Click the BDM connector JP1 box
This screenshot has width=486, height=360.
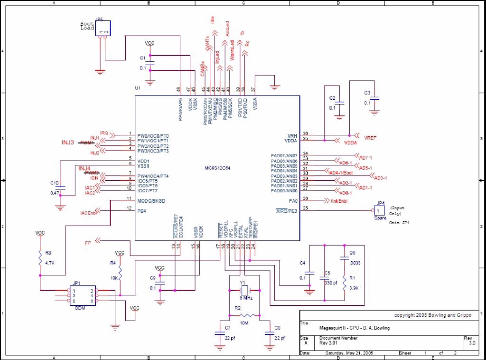[83, 295]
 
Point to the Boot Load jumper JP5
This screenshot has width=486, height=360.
[103, 28]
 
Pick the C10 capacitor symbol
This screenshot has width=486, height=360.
[60, 188]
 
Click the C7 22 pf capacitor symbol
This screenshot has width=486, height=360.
[219, 334]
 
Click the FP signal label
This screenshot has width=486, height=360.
[88, 243]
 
